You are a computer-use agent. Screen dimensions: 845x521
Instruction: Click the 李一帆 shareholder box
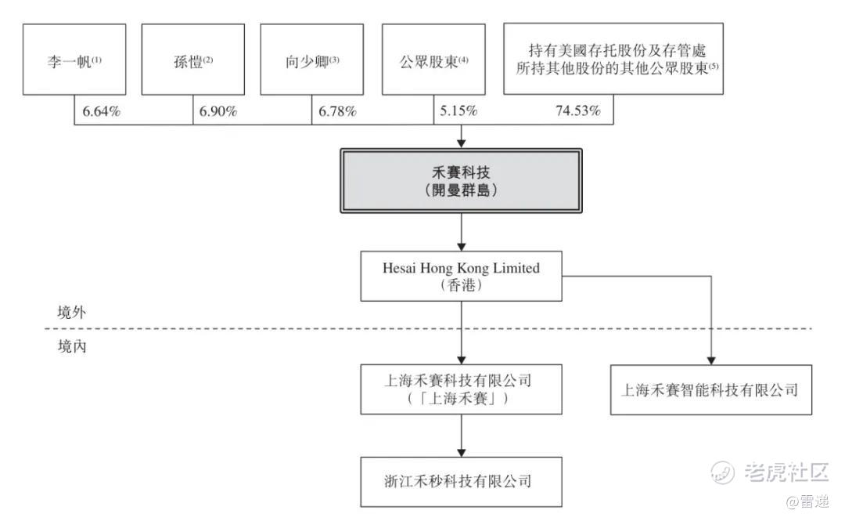click(x=74, y=60)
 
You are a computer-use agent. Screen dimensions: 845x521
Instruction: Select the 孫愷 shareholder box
click(x=193, y=60)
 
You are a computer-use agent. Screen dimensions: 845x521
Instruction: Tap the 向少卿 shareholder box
click(x=311, y=60)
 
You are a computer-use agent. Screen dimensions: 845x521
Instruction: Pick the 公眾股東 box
click(x=433, y=60)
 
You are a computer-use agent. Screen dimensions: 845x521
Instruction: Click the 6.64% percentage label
click(x=101, y=112)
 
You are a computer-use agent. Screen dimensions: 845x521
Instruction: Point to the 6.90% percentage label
click(x=218, y=112)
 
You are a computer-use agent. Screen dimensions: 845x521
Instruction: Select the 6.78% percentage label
click(x=337, y=112)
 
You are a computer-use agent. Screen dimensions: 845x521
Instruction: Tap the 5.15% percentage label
click(x=458, y=111)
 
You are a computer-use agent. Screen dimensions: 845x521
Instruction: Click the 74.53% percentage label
click(x=578, y=111)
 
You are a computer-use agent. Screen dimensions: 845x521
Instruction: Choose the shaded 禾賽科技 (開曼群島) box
click(x=462, y=181)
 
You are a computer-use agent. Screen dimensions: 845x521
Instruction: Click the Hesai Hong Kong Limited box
click(x=462, y=276)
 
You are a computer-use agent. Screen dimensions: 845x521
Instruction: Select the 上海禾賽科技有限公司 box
click(x=462, y=389)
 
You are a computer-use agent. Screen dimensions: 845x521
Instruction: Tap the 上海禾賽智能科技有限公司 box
click(x=710, y=390)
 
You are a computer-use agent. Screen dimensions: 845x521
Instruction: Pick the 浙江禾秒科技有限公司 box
click(x=462, y=482)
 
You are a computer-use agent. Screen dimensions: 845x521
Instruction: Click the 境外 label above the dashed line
click(x=72, y=312)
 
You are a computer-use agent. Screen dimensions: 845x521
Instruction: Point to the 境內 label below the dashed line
click(x=72, y=346)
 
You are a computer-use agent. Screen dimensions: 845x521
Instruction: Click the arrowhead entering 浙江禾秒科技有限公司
click(x=462, y=452)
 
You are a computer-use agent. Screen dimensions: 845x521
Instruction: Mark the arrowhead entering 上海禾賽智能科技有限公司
click(x=710, y=360)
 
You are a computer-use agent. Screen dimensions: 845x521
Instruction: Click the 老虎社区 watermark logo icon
click(x=722, y=472)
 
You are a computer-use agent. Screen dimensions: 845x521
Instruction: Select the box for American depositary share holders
click(x=613, y=59)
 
